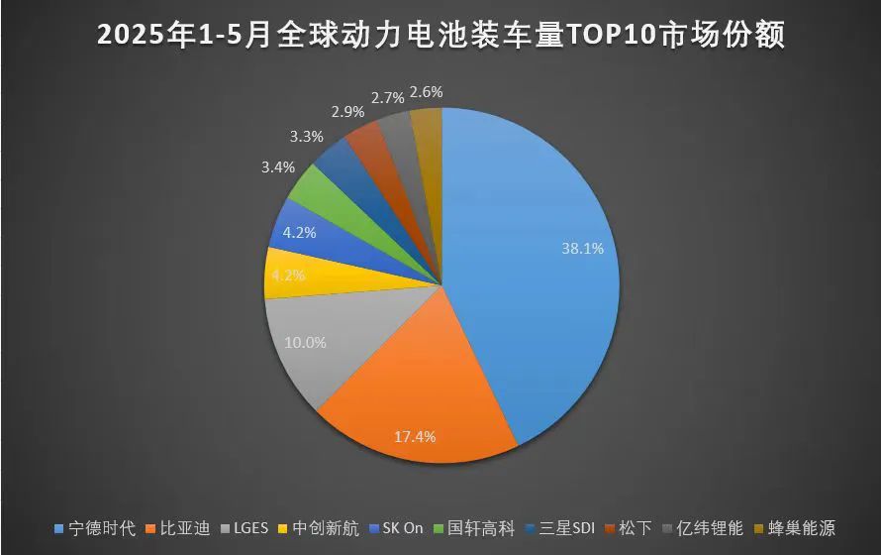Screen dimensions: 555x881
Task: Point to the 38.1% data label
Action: [582, 249]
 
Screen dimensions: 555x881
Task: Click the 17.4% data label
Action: [414, 435]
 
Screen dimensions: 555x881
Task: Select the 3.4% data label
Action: [277, 167]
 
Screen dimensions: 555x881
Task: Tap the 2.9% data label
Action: [346, 111]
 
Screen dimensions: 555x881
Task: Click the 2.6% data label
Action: [426, 91]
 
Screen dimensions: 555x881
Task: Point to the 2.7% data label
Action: [387, 97]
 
